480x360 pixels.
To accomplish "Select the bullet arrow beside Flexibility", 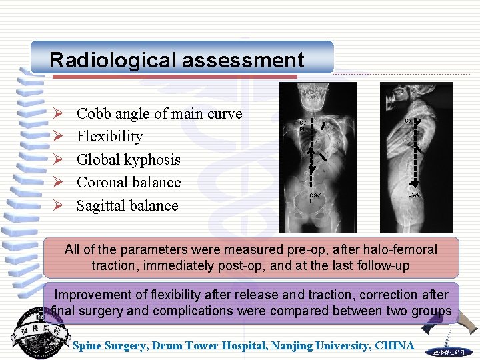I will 58,137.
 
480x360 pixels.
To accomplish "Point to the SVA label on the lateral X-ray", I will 415,195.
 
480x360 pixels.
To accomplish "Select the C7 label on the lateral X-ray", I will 409,121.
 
